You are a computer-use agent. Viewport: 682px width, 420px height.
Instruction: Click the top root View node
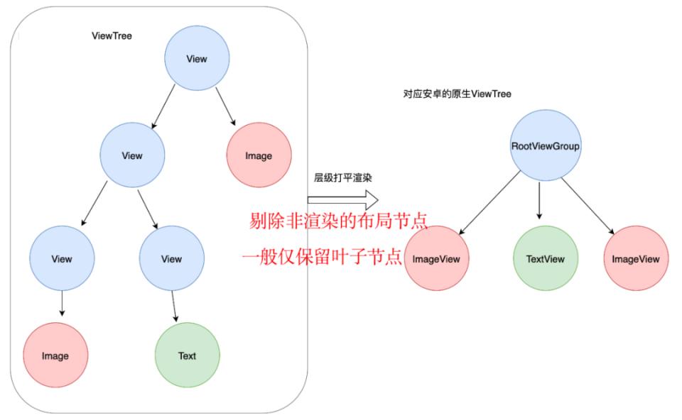[x=197, y=59]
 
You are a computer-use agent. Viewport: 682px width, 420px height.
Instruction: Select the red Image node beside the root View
[x=259, y=156]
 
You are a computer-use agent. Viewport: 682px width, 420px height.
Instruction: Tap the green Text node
[x=188, y=355]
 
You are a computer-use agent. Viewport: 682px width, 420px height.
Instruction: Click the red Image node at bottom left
[x=55, y=355]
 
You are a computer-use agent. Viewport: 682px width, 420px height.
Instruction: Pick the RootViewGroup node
[x=546, y=146]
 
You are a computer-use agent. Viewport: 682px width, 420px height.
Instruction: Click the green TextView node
[x=546, y=259]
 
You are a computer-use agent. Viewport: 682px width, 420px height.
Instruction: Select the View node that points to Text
[x=171, y=259]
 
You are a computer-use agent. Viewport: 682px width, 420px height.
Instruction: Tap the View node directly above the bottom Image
[x=62, y=259]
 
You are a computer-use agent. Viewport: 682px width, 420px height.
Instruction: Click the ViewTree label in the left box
[x=112, y=35]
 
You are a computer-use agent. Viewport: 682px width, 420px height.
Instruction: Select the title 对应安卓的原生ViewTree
[x=457, y=94]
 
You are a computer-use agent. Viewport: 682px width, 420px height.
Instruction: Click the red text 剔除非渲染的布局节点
[x=339, y=221]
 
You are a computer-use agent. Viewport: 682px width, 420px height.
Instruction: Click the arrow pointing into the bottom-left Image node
[x=62, y=304]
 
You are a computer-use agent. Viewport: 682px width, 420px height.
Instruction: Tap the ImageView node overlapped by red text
[x=436, y=259]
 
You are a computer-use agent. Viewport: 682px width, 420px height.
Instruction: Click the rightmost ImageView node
[x=636, y=259]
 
